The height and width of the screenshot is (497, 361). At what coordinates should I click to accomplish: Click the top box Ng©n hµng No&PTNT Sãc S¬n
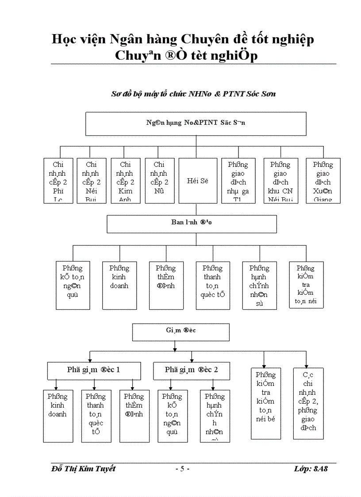(196, 123)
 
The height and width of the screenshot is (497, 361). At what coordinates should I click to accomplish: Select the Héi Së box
(196, 181)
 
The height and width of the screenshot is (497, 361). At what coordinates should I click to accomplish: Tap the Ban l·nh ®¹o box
(192, 223)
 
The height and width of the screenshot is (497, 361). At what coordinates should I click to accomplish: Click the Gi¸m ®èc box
(181, 332)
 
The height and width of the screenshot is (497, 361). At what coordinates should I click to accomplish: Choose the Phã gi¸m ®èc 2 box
(192, 370)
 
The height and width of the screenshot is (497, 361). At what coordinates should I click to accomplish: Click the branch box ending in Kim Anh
(125, 181)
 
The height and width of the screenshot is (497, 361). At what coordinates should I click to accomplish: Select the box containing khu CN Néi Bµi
(280, 181)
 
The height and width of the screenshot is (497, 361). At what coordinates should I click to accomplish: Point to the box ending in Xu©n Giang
(323, 181)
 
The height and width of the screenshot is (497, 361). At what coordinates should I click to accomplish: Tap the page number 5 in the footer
(182, 469)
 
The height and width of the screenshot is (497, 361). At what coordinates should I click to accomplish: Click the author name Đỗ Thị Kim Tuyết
(83, 469)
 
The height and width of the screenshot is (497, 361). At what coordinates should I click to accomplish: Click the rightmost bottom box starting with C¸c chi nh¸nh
(308, 403)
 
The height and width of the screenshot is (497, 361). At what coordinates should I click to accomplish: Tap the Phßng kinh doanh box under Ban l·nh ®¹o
(119, 285)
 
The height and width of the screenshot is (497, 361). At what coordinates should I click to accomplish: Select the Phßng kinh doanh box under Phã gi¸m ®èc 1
(58, 416)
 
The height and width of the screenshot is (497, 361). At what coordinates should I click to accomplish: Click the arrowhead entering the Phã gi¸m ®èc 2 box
(192, 360)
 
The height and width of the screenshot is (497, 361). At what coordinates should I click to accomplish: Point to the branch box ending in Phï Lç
(58, 181)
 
